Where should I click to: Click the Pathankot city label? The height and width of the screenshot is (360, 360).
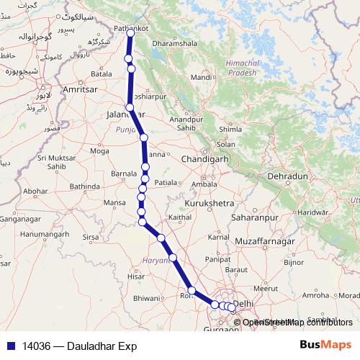pyautogui.click(x=127, y=27)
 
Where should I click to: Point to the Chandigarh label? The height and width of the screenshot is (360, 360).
pyautogui.click(x=205, y=159)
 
